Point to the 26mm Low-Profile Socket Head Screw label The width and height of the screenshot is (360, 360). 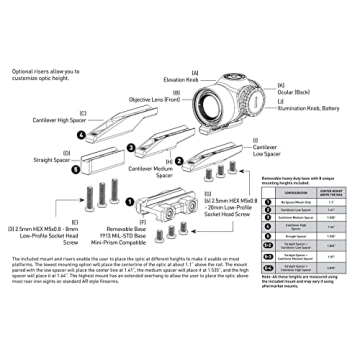(232, 222)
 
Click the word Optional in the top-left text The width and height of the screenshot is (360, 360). (25, 72)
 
